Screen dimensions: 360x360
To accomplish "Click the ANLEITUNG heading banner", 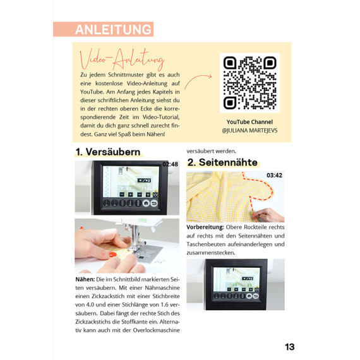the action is coord(104,29).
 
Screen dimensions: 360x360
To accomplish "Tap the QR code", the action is coord(250,83).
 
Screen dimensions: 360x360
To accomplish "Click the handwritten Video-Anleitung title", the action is coord(122,59).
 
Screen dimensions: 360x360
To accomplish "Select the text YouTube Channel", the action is coord(249,122).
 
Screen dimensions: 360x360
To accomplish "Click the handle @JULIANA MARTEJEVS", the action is coord(249,131).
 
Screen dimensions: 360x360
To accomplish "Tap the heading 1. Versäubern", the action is coord(108,152).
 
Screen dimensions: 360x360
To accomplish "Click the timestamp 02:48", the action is coord(171,164).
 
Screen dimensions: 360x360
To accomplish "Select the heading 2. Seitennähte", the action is coord(222,162).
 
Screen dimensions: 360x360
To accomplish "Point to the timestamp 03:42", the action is coord(274,175).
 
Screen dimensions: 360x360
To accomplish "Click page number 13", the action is coord(290,347).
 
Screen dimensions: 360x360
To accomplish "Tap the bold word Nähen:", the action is coord(85,279).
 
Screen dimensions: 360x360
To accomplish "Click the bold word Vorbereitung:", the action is coord(205,227).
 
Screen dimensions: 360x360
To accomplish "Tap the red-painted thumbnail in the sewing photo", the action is coord(112,254).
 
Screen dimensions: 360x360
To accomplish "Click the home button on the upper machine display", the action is coord(146,203).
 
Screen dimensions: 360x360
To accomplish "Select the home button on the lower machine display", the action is coord(249,296).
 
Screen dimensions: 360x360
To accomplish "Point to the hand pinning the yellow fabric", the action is coord(268,215).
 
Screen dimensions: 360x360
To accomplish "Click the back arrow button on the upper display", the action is coord(154,203).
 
